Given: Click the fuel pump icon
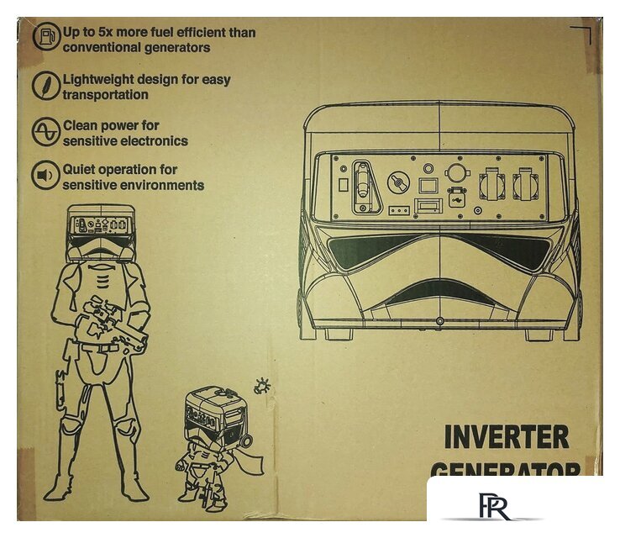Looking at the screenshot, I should [46, 39].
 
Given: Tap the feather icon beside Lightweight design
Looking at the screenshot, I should [46, 85].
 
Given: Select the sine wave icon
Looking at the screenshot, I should [46, 132].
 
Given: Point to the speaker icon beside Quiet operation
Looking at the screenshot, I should [46, 176].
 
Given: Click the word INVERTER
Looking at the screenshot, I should [506, 437].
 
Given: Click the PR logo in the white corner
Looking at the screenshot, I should [489, 507].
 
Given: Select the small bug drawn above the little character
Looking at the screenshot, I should [262, 386].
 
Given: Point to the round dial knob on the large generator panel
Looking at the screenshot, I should [396, 182].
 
